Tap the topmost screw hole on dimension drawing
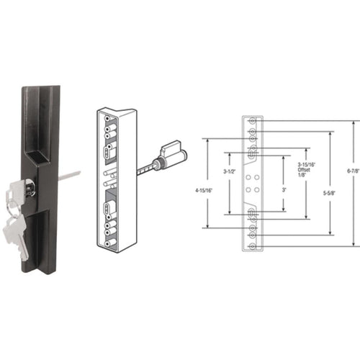pyautogui.click(x=252, y=122)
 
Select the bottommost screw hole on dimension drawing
pyautogui.click(x=252, y=246)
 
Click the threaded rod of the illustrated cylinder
pyautogui.click(x=148, y=168)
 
